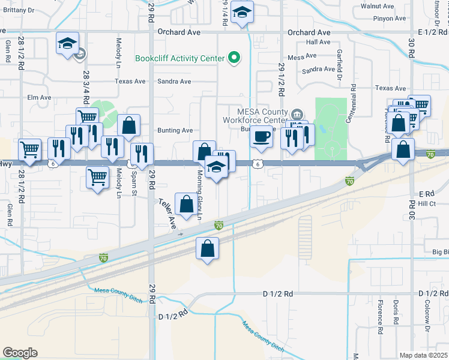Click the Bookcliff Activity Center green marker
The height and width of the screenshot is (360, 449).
click(x=234, y=58)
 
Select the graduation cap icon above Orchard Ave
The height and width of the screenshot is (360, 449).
click(x=242, y=12)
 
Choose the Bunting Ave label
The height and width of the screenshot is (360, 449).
click(x=175, y=130)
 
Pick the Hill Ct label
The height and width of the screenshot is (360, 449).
click(x=427, y=204)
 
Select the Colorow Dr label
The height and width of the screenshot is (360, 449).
click(x=428, y=317)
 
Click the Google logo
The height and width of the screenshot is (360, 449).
click(x=20, y=353)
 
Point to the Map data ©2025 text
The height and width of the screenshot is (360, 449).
click(x=424, y=355)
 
